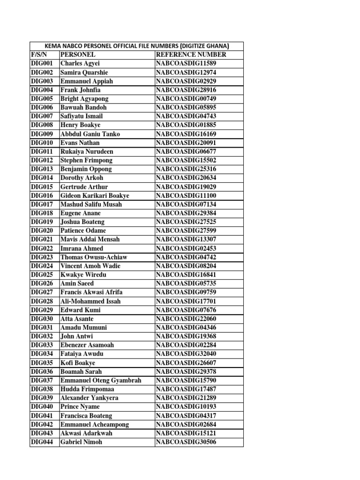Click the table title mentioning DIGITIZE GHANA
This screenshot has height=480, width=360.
tap(136, 46)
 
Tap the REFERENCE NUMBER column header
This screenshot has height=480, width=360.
tap(191, 55)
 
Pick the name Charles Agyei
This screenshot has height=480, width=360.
tap(80, 64)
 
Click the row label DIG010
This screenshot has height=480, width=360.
tap(42, 142)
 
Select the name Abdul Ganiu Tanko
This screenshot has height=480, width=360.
tap(90, 134)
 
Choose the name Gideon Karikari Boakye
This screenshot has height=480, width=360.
tap(95, 195)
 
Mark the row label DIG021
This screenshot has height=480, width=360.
tap(42, 240)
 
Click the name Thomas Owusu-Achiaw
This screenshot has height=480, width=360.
tap(94, 257)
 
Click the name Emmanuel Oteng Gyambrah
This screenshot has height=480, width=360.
tap(101, 380)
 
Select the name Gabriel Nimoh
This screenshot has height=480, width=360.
tap(81, 442)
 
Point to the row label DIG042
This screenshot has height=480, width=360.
tap(42, 424)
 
